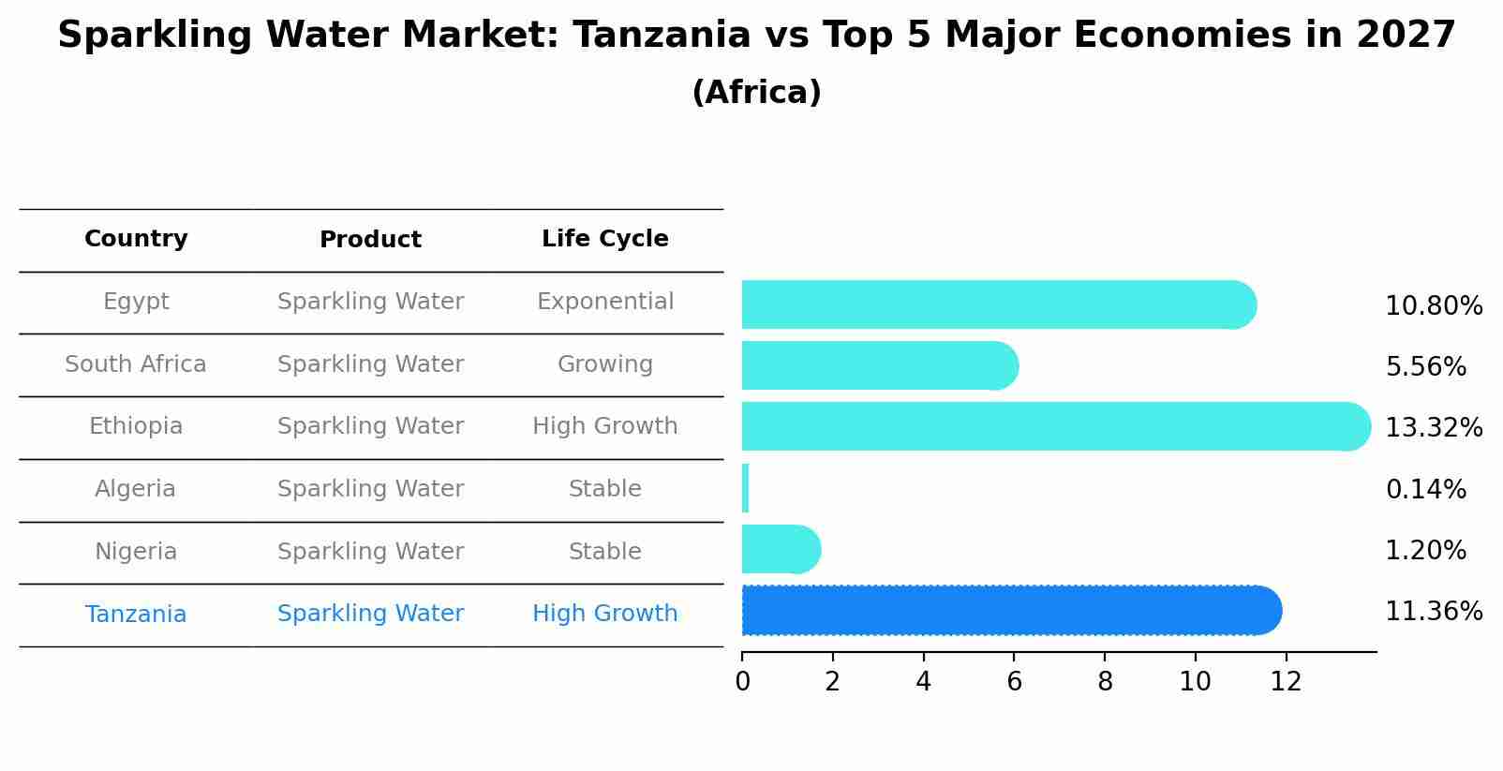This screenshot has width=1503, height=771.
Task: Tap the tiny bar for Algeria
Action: tap(745, 488)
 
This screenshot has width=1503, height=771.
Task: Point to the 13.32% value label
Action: tap(1433, 428)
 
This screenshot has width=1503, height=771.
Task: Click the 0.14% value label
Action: tap(1425, 489)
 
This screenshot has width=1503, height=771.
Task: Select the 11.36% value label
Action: tap(1433, 612)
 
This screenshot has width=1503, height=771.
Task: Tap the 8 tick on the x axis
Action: tap(1105, 682)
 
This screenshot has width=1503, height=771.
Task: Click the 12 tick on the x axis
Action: tap(1286, 682)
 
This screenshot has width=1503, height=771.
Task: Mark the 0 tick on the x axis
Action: tap(742, 682)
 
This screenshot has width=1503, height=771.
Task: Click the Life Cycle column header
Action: tap(604, 239)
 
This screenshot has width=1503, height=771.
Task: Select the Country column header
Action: tap(136, 239)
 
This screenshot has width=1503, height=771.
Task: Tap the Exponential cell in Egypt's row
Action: tap(604, 302)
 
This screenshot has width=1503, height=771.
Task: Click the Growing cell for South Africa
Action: tap(604, 364)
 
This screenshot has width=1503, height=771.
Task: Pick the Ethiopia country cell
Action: tap(136, 426)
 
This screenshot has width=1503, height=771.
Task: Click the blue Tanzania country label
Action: tap(136, 615)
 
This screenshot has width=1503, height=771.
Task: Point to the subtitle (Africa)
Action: tap(756, 93)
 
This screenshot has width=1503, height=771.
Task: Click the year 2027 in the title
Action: tap(1405, 36)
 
